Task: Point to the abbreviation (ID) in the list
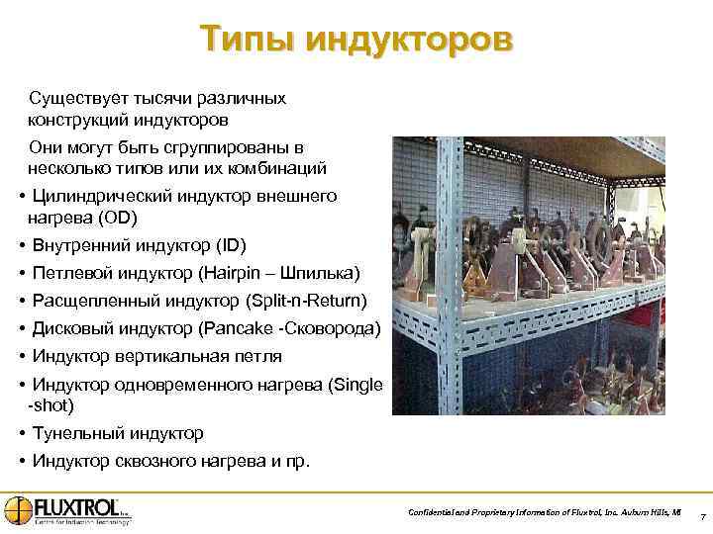[230, 244]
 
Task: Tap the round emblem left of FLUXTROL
[18, 509]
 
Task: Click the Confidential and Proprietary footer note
[544, 512]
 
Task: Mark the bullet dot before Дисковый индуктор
[21, 327]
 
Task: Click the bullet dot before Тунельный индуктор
[21, 433]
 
